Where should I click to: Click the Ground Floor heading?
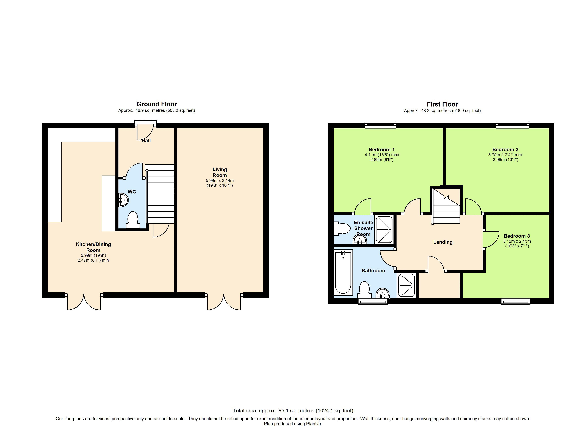point(157,104)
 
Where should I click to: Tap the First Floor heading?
point(442,104)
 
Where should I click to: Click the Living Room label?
point(220,172)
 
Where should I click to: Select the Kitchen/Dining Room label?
point(93,247)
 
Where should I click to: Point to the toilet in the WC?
point(133,220)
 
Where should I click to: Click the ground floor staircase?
point(160,194)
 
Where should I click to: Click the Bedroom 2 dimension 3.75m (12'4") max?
point(505,155)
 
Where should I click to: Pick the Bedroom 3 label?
point(517,236)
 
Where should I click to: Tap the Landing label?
point(443,242)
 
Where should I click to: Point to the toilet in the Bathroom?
point(365,290)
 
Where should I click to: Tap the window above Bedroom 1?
point(380,125)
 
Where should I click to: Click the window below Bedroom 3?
point(516,301)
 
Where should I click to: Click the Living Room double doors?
point(224,301)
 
